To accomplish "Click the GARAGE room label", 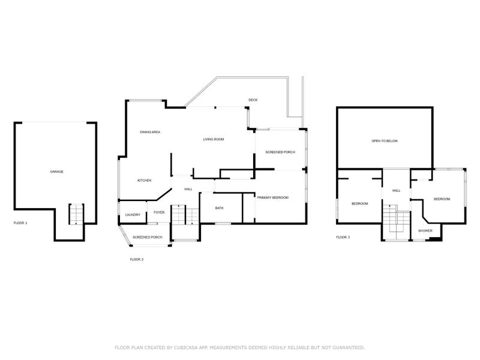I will (56, 172).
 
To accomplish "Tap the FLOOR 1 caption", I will (20, 223).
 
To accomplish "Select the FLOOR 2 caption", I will (137, 259).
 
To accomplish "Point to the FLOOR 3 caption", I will (343, 237).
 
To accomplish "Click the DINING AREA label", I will (150, 132).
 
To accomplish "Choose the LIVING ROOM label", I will (213, 139).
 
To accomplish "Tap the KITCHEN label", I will (144, 181).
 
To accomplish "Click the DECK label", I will (253, 100).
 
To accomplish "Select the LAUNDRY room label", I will (133, 215).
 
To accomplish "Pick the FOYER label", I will (159, 212).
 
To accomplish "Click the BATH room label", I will (219, 208).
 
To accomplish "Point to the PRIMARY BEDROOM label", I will (273, 197).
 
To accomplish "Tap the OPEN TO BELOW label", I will (384, 141).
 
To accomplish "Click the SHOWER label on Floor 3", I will (425, 230).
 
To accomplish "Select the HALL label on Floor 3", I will (396, 191).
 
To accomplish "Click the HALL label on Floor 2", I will (188, 189).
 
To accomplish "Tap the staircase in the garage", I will (76, 214).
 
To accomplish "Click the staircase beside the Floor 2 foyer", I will (184, 214).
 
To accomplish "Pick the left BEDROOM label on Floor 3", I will (359, 203).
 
